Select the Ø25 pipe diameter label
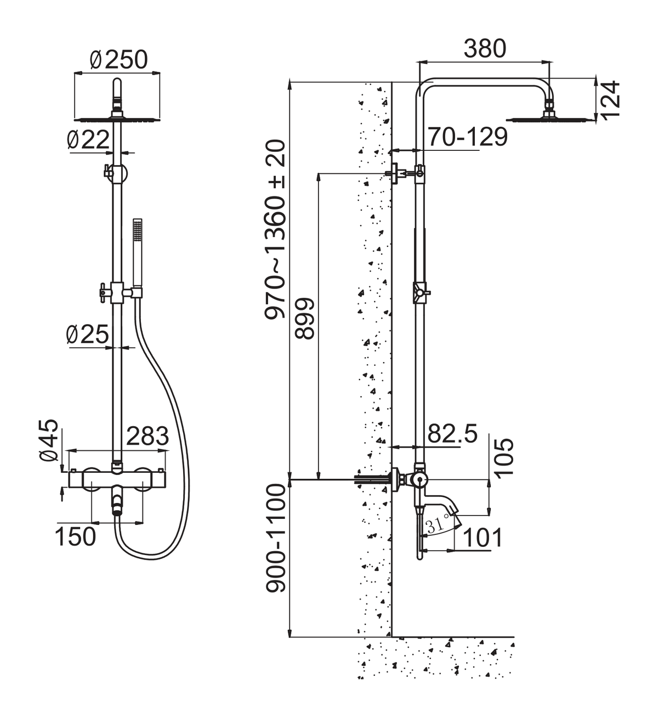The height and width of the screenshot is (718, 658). pyautogui.click(x=87, y=334)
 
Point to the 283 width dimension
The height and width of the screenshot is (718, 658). pyautogui.click(x=148, y=436)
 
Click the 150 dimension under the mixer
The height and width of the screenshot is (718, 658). pyautogui.click(x=76, y=536)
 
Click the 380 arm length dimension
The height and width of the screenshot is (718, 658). pyautogui.click(x=485, y=48)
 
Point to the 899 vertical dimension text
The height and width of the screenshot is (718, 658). pyautogui.click(x=304, y=318)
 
